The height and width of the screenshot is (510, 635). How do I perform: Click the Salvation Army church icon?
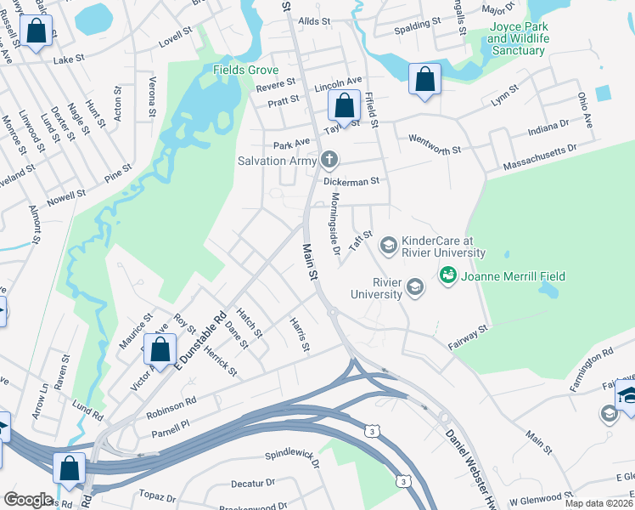[x=329, y=160]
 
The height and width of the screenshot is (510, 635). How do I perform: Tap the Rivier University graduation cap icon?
[x=415, y=287]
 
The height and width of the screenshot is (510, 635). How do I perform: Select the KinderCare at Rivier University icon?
[x=388, y=246]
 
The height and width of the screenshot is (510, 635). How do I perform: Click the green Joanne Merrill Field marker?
[x=447, y=275]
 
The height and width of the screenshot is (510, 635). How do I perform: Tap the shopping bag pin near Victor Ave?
[x=160, y=349]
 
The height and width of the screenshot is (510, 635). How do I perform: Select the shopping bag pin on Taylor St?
[x=344, y=107]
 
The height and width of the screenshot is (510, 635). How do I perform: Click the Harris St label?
[x=297, y=332]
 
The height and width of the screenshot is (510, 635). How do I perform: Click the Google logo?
[x=28, y=500]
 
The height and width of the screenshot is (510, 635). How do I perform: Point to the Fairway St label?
[x=469, y=335]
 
